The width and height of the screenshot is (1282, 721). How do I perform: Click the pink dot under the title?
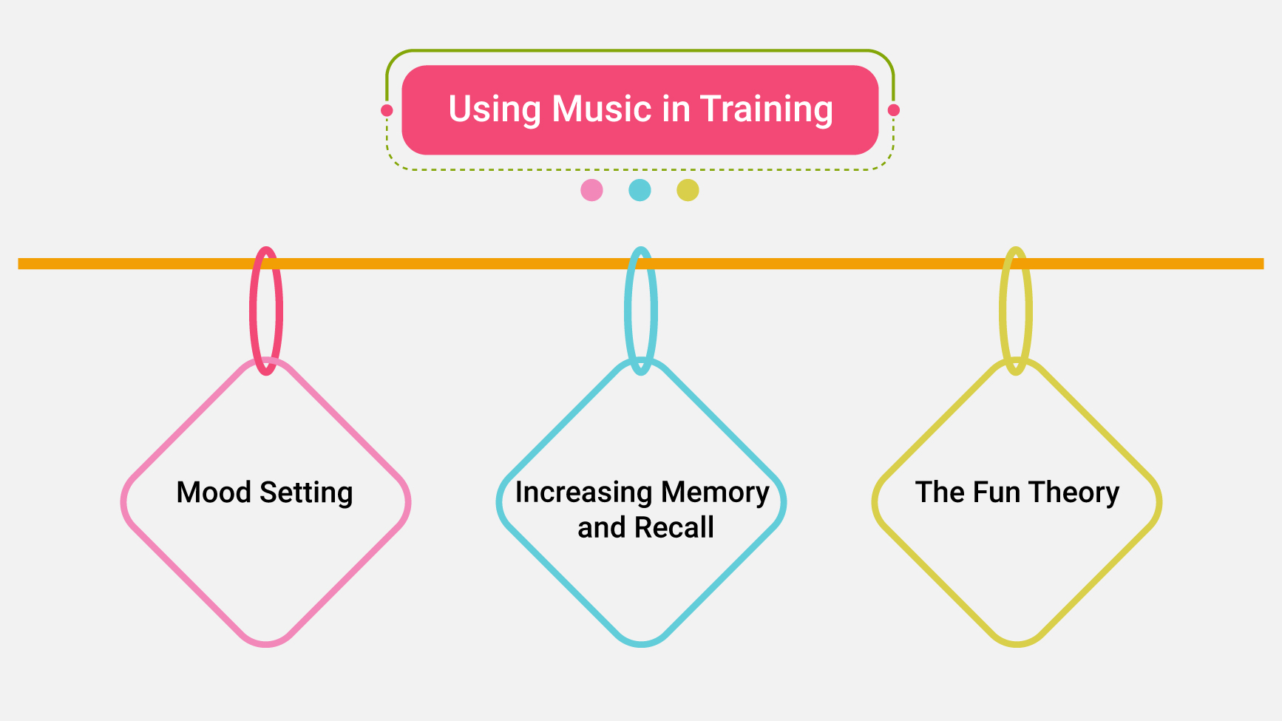tap(591, 190)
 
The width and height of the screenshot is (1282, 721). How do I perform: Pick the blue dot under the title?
tap(640, 190)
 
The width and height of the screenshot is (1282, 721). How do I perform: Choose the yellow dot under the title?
tap(688, 190)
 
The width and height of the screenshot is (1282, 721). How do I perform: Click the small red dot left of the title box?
tap(387, 110)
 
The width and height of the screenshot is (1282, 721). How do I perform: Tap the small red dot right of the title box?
tap(893, 110)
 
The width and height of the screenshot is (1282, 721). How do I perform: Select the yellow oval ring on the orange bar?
tap(1003, 311)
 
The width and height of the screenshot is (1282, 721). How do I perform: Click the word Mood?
tap(213, 492)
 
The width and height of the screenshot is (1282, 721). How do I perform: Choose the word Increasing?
tap(583, 493)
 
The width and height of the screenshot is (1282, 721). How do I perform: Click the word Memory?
tap(715, 493)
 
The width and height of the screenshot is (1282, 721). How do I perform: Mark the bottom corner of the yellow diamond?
tap(1017, 643)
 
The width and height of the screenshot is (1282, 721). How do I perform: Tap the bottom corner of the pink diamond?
tap(265, 643)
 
